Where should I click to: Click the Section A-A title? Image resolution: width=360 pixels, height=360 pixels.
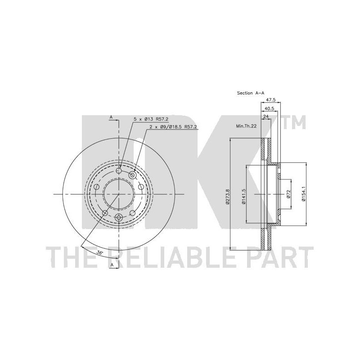(251, 93)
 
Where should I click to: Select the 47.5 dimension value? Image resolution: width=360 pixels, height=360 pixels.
(271, 100)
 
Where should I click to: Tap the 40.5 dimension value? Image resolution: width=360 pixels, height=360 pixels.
(270, 108)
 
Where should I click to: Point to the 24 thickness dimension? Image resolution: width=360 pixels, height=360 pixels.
(266, 117)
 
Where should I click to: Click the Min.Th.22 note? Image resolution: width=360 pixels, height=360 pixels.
(246, 126)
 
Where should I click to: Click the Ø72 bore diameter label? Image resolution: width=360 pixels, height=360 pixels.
(288, 194)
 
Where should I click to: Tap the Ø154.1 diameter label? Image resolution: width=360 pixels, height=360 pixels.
(303, 194)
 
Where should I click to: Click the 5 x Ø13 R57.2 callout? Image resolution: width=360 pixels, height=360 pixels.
(151, 119)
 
